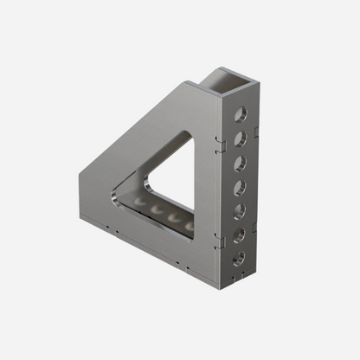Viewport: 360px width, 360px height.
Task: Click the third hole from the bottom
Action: click(241, 209)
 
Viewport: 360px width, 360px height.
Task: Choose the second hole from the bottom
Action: click(240, 233)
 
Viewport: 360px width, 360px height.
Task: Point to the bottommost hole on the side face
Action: click(239, 256)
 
